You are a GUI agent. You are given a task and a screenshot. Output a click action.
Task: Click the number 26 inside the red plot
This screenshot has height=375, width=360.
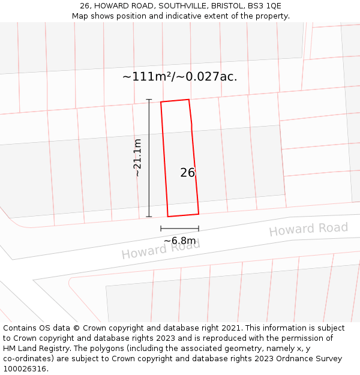point(188,173)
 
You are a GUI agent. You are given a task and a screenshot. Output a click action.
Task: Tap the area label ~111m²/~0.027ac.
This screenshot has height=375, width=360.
point(180,77)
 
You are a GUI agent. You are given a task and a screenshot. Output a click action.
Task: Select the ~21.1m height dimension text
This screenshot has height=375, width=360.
point(137,158)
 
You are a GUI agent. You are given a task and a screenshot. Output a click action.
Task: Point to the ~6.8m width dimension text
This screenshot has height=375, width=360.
point(180,241)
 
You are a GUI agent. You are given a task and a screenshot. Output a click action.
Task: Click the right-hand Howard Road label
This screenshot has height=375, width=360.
point(308,229)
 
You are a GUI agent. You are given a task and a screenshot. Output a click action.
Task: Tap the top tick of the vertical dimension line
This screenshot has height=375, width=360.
point(149,100)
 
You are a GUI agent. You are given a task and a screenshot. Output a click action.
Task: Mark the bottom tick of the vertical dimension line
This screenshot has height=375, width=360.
point(149,217)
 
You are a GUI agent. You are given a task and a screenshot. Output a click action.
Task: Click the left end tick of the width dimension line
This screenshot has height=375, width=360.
point(161,229)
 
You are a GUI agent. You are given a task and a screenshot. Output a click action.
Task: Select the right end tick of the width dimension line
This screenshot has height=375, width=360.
point(199,229)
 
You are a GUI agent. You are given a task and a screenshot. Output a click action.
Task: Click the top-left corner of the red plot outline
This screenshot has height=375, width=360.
point(161,102)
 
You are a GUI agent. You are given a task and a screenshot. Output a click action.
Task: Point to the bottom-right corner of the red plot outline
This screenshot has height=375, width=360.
point(199,214)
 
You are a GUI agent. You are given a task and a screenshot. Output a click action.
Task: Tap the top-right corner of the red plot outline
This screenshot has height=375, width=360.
point(189,100)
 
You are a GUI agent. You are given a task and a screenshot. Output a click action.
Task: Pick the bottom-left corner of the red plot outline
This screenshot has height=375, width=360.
point(168,217)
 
